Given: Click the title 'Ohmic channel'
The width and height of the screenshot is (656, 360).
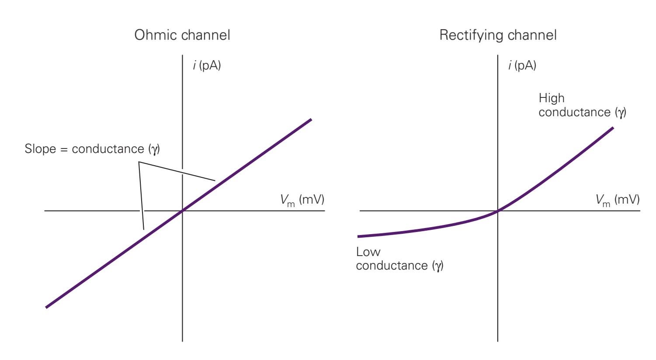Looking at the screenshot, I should pos(182,35).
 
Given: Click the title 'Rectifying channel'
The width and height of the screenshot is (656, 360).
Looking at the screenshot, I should pos(498,35).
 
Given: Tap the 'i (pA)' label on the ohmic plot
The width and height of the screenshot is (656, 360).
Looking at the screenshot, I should pos(207,66).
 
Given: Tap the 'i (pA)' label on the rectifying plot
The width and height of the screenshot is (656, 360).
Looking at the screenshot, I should pos(522,66).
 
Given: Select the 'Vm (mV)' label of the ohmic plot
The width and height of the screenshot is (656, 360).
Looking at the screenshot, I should pos(302,200).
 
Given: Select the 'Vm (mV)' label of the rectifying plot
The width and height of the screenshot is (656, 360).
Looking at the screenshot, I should pos(617,200).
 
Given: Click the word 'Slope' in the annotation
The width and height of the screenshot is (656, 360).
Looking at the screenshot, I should pos(40,149).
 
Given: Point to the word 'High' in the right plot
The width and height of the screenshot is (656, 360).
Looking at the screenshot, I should pos(552,98).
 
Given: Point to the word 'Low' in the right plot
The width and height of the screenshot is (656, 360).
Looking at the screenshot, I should pos(368,252).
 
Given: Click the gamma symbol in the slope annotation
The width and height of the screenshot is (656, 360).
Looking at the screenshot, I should pos(155,149).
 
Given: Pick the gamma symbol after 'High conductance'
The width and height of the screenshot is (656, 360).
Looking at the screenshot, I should pos(621,113).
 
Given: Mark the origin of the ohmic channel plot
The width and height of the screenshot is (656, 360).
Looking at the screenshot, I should pos(182,211).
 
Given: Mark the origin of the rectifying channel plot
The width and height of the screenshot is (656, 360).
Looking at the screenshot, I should pos(498,211).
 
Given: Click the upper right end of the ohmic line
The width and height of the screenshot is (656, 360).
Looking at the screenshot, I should pos(311,119).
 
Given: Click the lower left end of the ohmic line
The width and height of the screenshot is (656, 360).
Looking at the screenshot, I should pos(46,307).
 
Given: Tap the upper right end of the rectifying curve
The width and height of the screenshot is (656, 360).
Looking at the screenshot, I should pos(613,128).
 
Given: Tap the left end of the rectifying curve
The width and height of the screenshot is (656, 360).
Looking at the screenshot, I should pos(358,236).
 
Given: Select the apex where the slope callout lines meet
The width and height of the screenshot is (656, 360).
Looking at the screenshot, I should pos(139,163).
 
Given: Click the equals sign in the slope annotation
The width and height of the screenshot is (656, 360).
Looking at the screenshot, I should pos(64,149).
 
